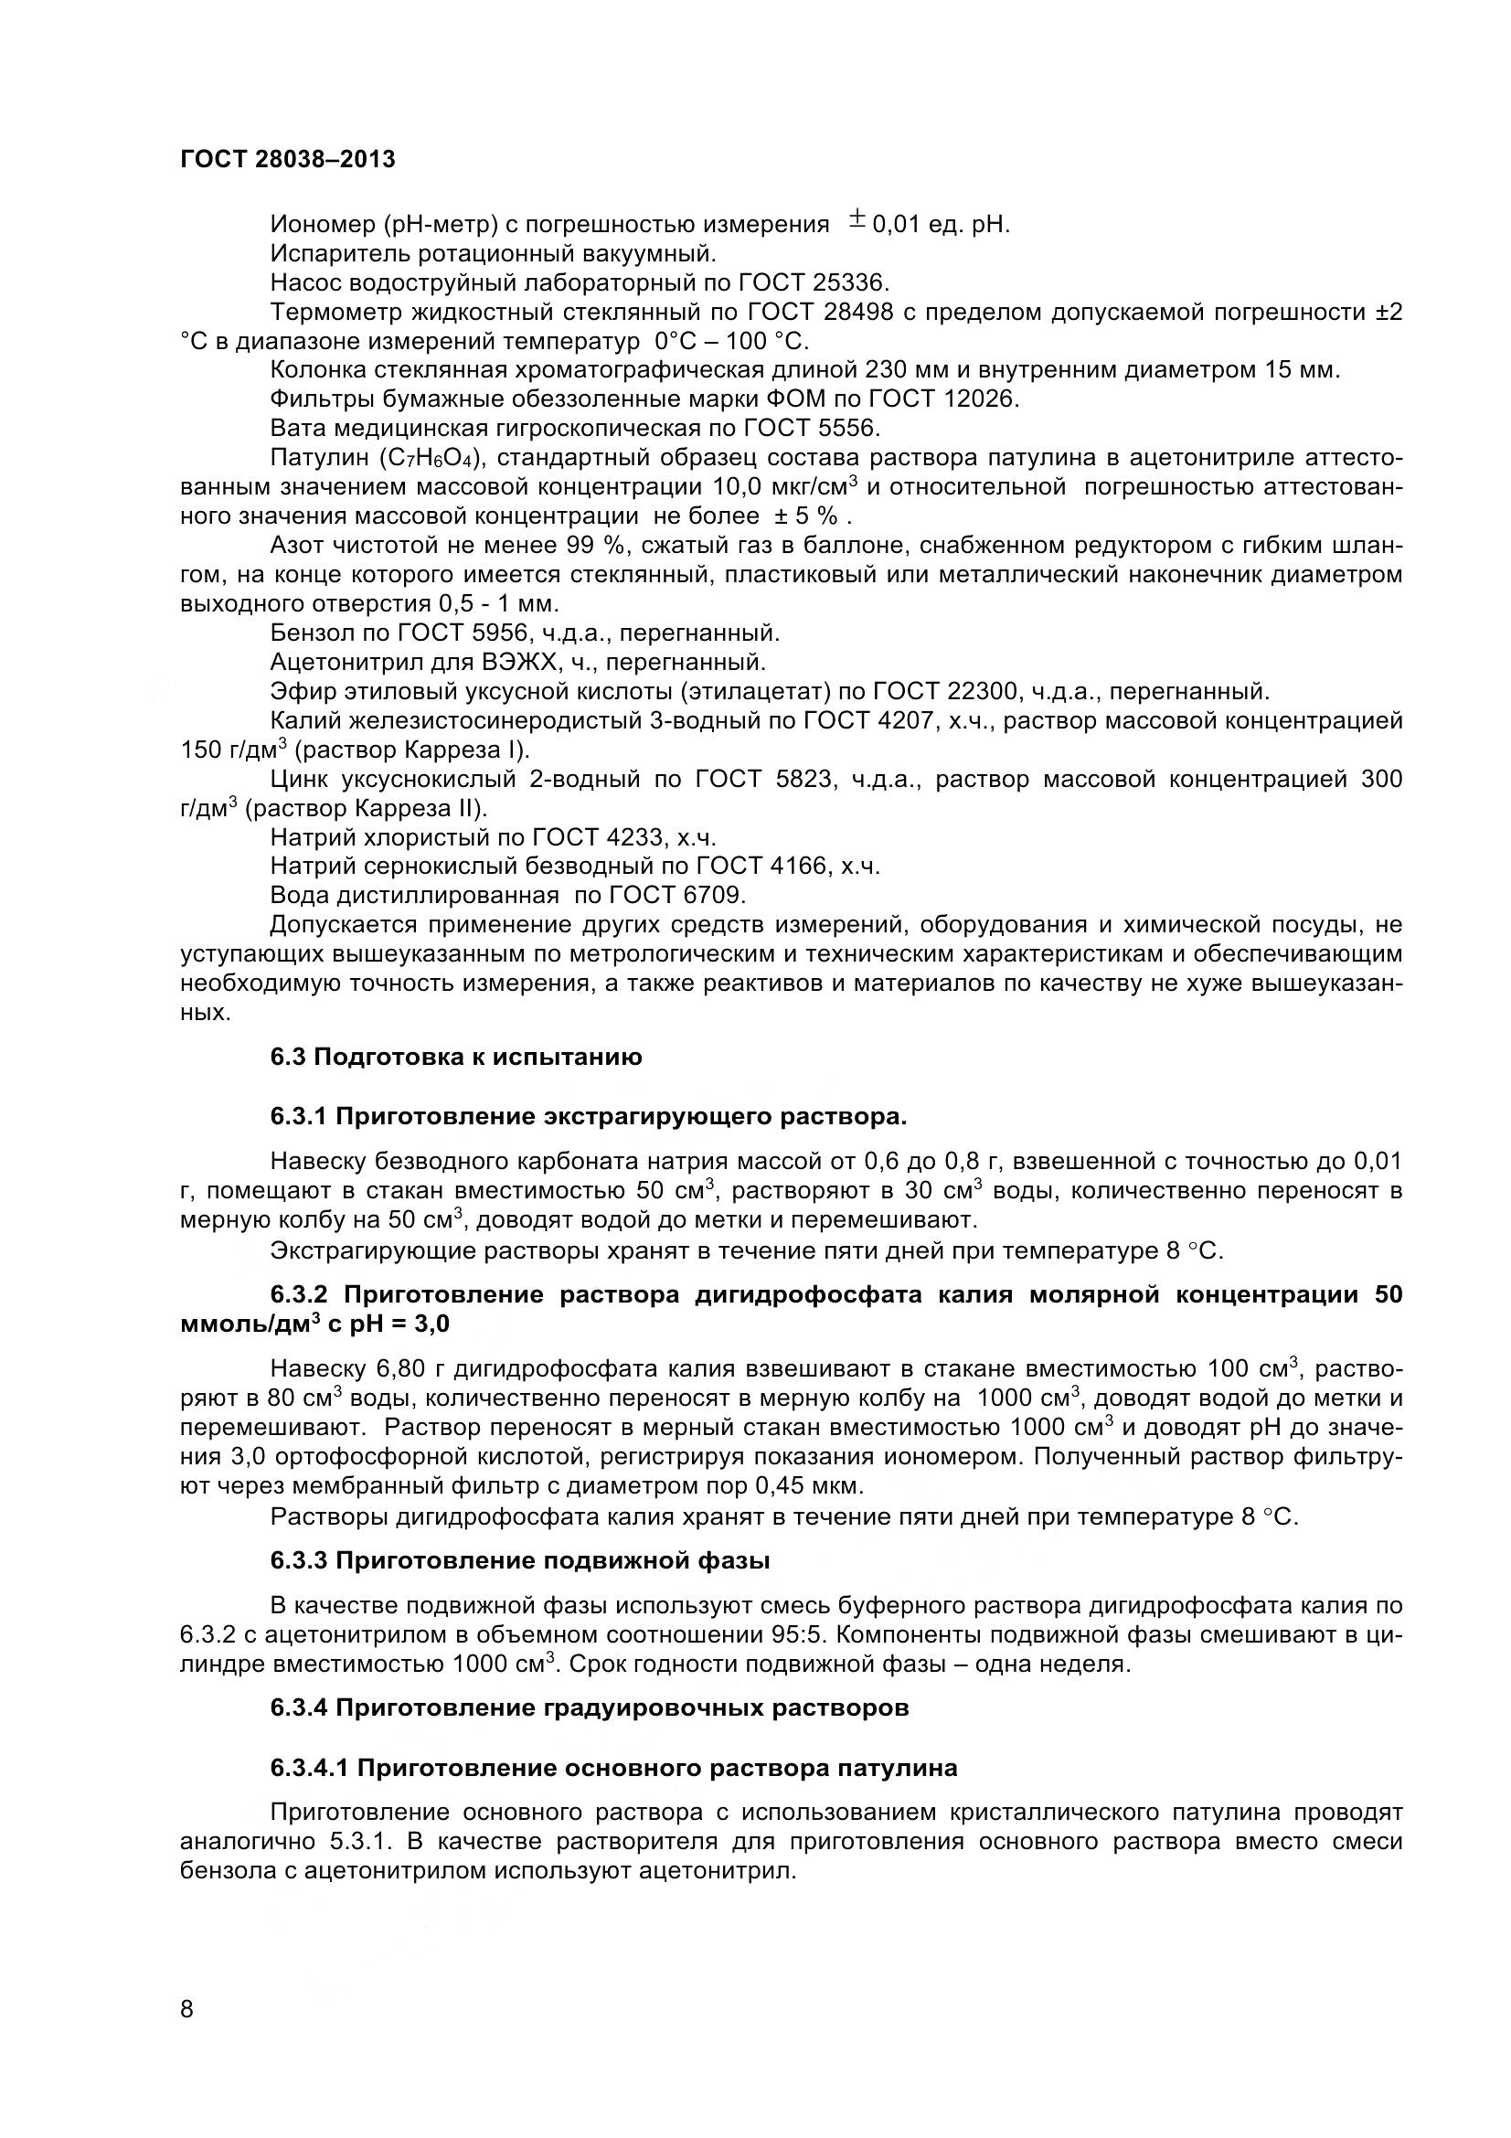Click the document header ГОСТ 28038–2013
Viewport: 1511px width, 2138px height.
click(288, 159)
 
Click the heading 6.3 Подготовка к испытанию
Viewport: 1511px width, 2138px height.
click(456, 1057)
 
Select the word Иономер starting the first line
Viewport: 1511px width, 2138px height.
click(319, 225)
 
